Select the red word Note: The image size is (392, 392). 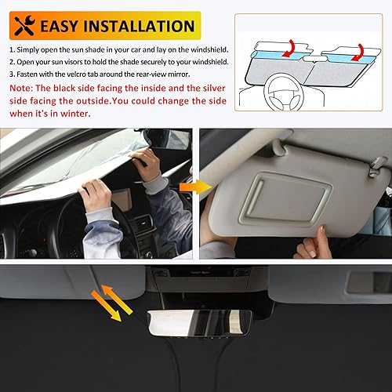click(23, 89)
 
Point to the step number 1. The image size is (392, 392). click(13, 49)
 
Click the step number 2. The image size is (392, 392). click(13, 62)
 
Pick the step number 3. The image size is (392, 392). click(13, 74)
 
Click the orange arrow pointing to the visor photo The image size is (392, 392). click(189, 187)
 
